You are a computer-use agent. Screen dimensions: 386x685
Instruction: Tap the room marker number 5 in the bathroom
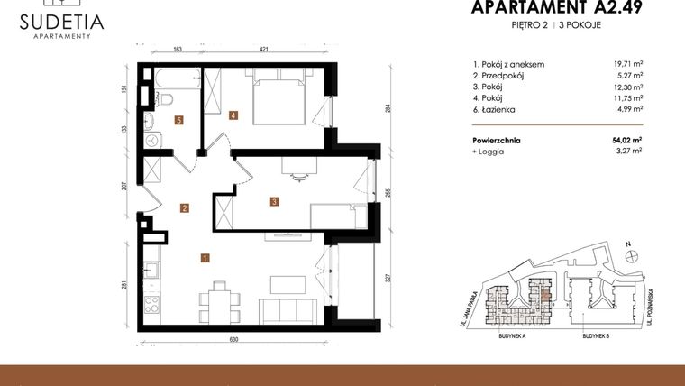180,119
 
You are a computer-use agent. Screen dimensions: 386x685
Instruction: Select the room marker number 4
233,115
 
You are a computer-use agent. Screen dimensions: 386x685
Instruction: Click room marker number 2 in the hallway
184,208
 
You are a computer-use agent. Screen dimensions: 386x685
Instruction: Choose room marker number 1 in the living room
206,258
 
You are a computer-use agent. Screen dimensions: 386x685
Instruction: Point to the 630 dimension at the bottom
233,339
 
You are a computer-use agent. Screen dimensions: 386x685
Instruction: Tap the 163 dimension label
178,51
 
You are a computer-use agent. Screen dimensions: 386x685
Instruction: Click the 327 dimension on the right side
388,279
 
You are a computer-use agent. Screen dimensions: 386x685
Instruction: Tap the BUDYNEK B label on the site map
596,335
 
